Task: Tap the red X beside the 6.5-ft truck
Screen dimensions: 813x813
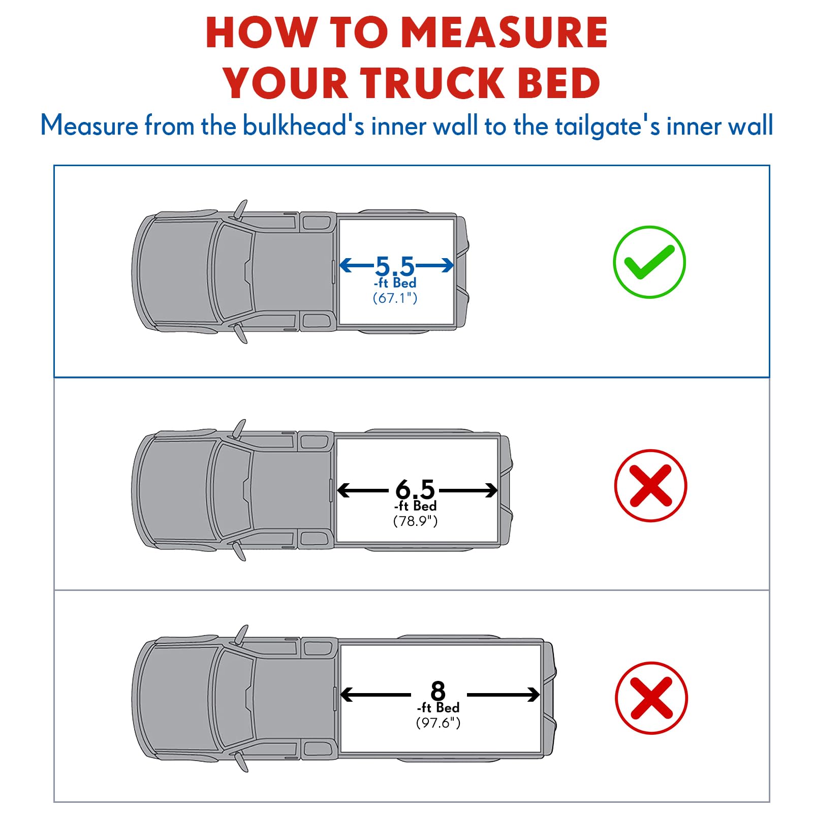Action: pyautogui.click(x=650, y=486)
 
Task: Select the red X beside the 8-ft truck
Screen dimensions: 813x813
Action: pyautogui.click(x=651, y=698)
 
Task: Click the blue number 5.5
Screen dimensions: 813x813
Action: pyautogui.click(x=395, y=266)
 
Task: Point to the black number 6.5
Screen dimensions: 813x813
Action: pyautogui.click(x=415, y=489)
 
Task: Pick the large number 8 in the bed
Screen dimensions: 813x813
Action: pyautogui.click(x=438, y=691)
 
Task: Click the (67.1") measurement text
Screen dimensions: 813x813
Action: pyautogui.click(x=395, y=298)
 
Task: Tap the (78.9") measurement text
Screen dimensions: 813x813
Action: pyautogui.click(x=415, y=521)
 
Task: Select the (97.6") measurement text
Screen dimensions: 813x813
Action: pyautogui.click(x=438, y=723)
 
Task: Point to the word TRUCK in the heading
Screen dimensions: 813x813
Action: pyautogui.click(x=432, y=83)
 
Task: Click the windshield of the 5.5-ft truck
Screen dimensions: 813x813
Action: pyautogui.click(x=233, y=271)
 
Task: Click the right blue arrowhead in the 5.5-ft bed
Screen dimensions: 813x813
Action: pyautogui.click(x=448, y=265)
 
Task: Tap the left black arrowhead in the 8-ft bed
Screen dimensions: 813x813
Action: pyautogui.click(x=347, y=695)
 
